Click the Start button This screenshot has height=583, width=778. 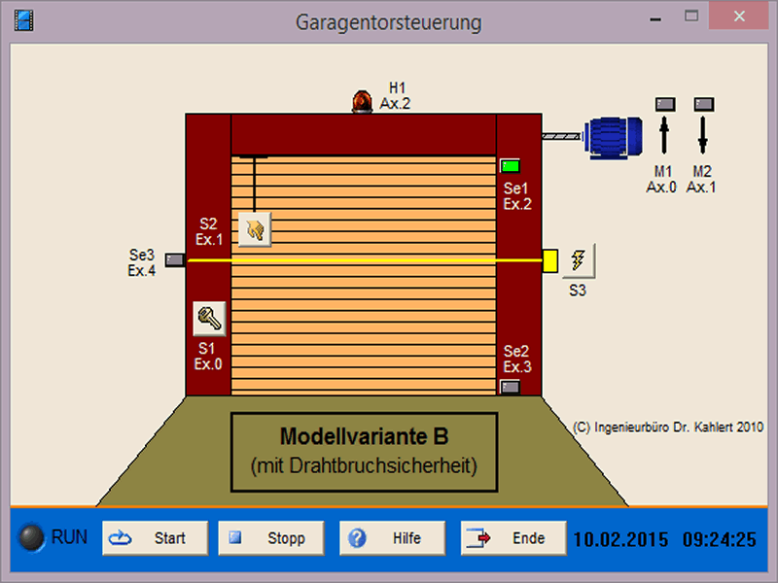156,538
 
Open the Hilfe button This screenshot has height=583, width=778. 393,538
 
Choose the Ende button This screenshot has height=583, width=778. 513,538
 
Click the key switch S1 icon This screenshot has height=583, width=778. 209,319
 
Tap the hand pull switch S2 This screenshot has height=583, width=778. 255,229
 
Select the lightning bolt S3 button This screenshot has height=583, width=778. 579,260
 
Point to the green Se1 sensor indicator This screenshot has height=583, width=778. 510,166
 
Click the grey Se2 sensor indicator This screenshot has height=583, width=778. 510,387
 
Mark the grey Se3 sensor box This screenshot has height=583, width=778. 175,259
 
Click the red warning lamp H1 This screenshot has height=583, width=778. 362,102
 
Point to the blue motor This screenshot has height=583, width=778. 614,138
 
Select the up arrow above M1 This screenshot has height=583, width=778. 664,134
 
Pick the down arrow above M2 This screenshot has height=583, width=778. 702,134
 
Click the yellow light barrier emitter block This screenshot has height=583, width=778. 550,260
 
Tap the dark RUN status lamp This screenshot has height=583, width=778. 31,537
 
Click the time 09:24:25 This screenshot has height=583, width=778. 720,539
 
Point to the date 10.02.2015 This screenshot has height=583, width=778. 620,539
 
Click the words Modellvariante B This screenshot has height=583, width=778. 364,436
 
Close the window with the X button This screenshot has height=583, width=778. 739,17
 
